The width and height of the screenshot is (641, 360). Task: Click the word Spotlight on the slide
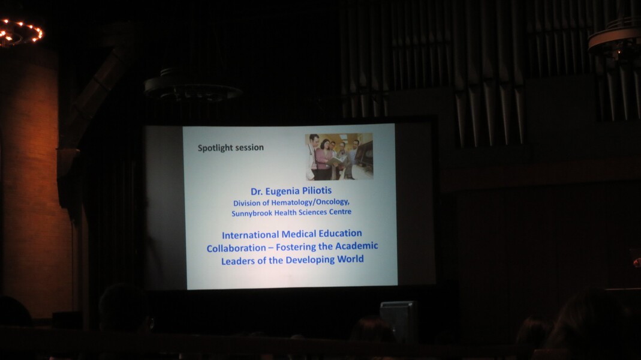pos(216,148)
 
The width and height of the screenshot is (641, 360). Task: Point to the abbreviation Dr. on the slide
pos(256,191)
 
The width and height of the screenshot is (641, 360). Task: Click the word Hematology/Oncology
pos(311,202)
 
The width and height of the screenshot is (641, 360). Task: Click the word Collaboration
pos(231,248)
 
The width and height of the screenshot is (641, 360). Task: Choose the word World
pos(350,259)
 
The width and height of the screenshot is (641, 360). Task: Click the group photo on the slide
pos(339,156)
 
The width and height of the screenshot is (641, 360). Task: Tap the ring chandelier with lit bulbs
pos(19,33)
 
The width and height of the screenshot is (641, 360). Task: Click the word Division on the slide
pos(246,203)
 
